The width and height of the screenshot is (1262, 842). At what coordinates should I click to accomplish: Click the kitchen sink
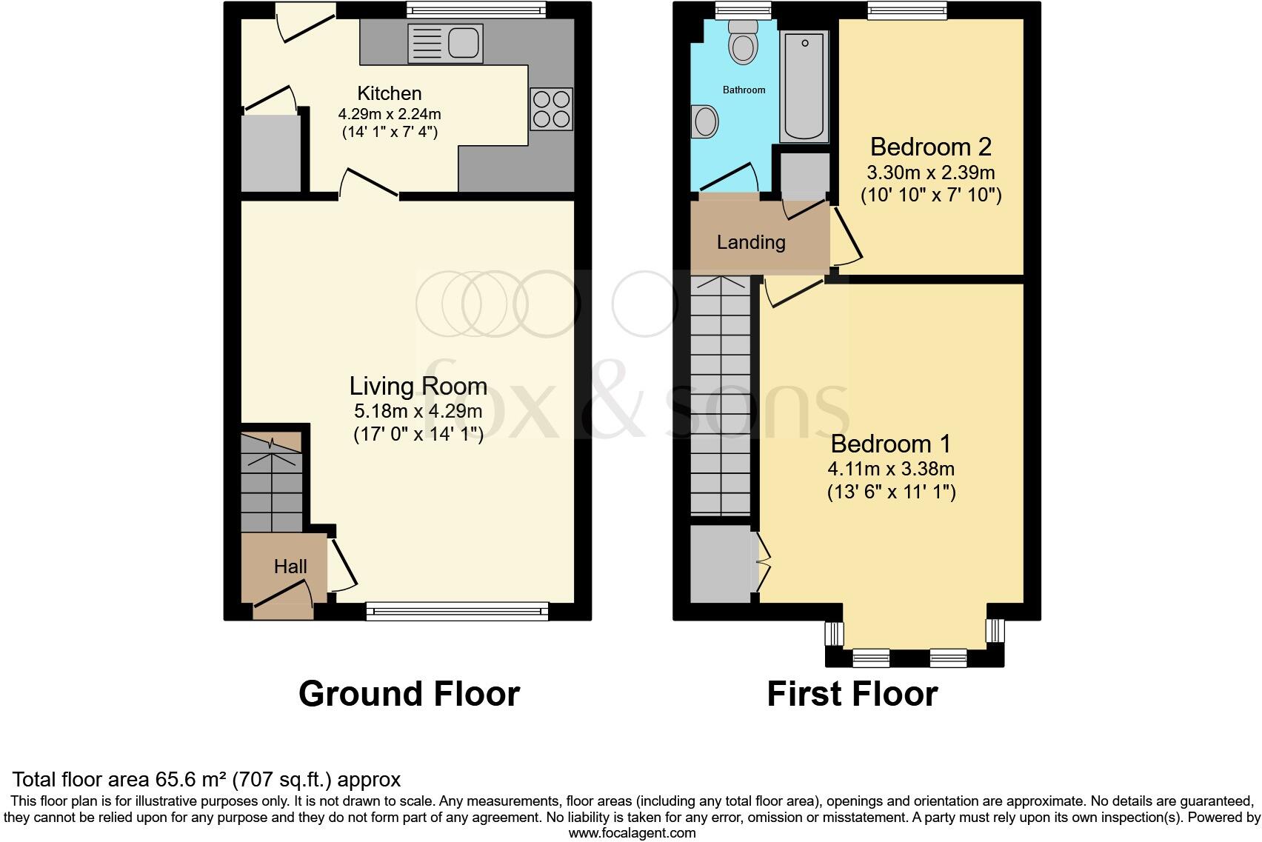(445, 43)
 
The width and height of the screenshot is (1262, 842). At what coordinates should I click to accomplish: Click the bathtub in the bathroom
(804, 85)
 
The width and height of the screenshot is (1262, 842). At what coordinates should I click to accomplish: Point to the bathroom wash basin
(705, 121)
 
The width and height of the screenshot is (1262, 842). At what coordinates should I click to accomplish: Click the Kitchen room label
(390, 93)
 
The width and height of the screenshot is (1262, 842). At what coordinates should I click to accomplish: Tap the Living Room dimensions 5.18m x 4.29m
(418, 411)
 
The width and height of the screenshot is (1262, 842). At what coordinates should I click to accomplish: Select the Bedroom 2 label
(930, 147)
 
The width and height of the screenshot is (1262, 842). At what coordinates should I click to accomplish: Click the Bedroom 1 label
(891, 444)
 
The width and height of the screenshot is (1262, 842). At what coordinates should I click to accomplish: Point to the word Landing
(751, 242)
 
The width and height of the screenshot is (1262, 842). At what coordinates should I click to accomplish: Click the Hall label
(290, 567)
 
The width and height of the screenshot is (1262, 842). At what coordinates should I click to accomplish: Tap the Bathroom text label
(744, 90)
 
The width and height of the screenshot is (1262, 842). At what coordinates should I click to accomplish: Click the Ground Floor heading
(409, 694)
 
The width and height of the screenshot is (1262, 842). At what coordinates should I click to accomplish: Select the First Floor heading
(852, 694)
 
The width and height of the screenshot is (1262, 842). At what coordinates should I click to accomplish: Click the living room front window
(457, 611)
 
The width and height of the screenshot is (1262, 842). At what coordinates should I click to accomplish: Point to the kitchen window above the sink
(475, 10)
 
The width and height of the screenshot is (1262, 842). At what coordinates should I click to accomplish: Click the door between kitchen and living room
(369, 186)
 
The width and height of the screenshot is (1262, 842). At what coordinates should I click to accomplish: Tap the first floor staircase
(720, 396)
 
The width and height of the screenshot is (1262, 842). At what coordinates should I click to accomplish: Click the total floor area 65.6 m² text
(207, 779)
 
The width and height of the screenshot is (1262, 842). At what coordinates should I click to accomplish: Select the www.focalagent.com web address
(632, 833)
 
